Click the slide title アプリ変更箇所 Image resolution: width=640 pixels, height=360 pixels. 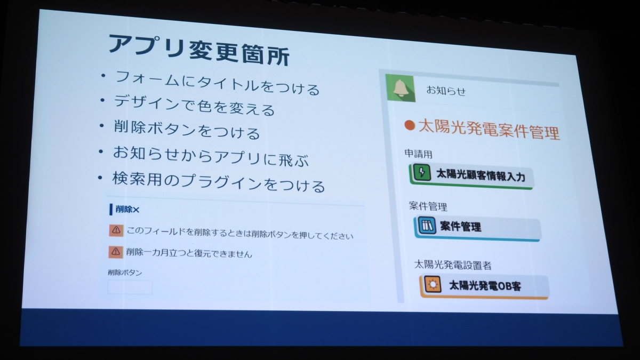tap(199, 50)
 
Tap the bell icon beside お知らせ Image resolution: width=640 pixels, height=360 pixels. tap(401, 88)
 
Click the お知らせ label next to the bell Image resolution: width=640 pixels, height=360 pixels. tap(446, 90)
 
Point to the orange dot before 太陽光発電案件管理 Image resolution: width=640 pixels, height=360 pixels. tap(410, 125)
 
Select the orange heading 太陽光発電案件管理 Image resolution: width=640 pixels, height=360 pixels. tap(489, 130)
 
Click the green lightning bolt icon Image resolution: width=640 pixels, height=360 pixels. tap(422, 172)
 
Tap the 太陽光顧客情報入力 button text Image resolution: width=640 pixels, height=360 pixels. tap(481, 175)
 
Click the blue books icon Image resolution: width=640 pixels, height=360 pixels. tap(427, 226)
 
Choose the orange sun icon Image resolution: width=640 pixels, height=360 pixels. tap(433, 285)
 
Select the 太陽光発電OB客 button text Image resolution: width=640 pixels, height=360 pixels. tap(485, 286)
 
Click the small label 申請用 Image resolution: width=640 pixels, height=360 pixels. tap(418, 154)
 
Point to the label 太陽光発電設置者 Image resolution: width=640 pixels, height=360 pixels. tap(453, 265)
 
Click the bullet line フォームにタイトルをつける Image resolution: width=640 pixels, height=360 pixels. tap(217, 83)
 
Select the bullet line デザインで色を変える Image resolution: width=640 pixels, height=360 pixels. tap(194, 106)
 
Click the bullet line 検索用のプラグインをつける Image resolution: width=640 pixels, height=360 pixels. tap(219, 182)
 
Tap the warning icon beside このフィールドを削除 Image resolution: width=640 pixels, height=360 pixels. tap(116, 230)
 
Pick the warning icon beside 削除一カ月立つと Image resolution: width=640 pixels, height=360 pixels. tap(116, 252)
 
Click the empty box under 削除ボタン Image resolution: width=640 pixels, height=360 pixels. tap(130, 287)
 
